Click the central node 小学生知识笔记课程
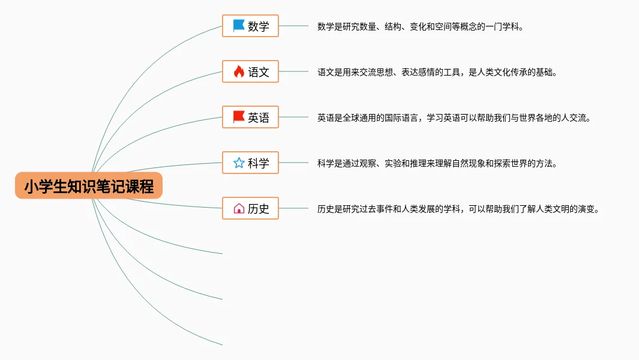pos(89,187)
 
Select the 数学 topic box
pos(250,26)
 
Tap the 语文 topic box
pos(250,72)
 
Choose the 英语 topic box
pos(250,118)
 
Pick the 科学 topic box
pos(250,163)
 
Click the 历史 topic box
pos(250,208)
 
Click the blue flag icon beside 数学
pos(239,26)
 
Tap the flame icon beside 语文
pos(239,72)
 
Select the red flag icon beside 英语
pos(239,117)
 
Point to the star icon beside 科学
pos(239,163)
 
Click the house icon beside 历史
pos(239,208)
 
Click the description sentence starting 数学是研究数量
pos(420,26)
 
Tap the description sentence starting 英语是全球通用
pos(454,118)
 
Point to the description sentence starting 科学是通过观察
pos(437,163)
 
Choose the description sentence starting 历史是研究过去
pos(458,209)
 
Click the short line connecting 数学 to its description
pos(293,26)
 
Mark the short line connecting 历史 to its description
pos(293,208)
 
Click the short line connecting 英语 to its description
pos(293,118)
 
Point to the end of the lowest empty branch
pos(221,344)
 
